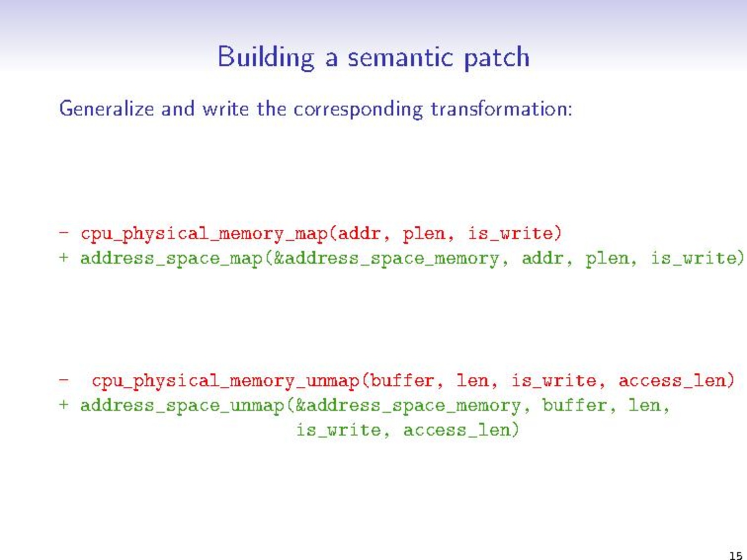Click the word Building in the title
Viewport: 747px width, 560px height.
266,57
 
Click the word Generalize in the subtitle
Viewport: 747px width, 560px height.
107,108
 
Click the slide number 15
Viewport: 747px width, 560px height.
736,555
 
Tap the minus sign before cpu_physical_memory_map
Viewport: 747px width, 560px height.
64,232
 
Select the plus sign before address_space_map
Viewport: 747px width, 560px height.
64,257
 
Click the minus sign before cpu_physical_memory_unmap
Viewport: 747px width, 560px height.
64,380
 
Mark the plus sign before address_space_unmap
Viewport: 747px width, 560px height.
64,405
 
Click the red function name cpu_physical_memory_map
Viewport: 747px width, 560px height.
205,233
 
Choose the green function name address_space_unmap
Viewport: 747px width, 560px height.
183,406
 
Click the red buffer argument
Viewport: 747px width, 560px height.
402,380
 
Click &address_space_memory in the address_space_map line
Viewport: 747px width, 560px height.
386,258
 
